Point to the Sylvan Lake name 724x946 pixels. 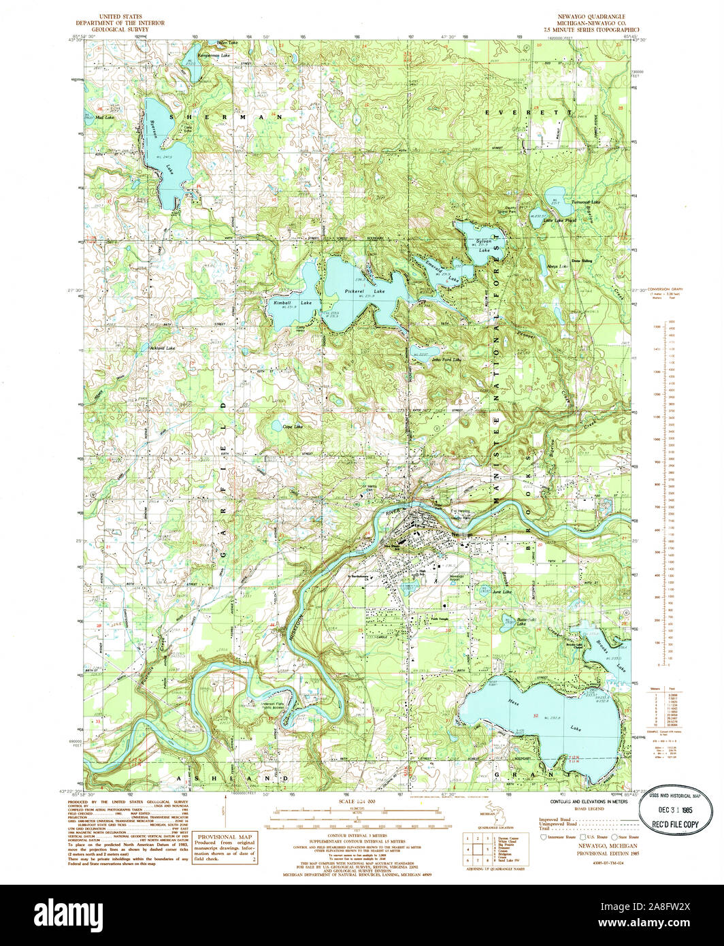click(484, 246)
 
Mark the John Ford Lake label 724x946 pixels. click(446, 359)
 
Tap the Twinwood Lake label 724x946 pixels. click(586, 202)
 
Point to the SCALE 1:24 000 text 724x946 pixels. click(357, 803)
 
